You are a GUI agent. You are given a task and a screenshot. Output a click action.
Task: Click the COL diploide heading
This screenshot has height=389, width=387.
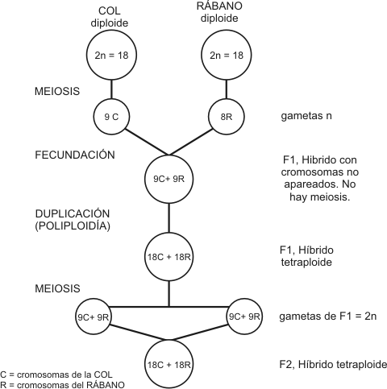click(x=110, y=17)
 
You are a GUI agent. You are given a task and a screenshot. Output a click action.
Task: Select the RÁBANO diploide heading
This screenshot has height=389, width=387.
click(x=219, y=12)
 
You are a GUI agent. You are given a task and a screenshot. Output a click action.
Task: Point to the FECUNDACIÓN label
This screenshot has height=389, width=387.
click(x=75, y=155)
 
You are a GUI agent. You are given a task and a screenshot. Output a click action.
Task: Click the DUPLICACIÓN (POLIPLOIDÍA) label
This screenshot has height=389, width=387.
click(x=73, y=220)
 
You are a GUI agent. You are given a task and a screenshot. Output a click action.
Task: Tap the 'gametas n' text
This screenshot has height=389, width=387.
click(x=306, y=116)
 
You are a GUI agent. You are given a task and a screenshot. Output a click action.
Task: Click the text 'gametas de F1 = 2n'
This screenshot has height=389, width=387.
click(x=328, y=317)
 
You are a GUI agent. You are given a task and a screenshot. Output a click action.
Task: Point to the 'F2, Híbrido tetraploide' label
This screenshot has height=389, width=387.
click(x=333, y=364)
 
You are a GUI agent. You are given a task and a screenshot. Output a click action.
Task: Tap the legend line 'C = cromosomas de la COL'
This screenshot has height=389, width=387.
click(x=56, y=375)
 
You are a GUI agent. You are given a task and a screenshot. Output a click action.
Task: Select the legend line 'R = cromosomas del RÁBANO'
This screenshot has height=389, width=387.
click(x=62, y=384)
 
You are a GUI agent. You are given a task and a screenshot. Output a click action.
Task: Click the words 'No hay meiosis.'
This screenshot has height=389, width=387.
click(x=320, y=191)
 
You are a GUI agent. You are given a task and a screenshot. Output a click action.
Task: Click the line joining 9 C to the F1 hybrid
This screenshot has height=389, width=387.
click(x=147, y=142)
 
